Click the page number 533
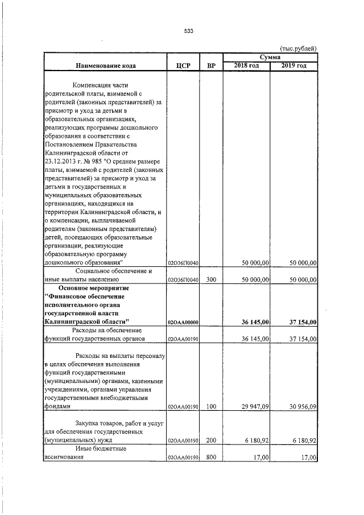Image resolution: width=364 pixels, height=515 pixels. pos(189,31)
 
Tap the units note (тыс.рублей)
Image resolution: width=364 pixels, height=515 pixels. pos(298,49)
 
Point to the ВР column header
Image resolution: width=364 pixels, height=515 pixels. pos(211,66)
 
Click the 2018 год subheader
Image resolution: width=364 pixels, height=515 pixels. pos(247,66)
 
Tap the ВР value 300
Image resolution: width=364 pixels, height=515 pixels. pos(211,280)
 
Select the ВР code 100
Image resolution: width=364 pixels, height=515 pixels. pos(211,407)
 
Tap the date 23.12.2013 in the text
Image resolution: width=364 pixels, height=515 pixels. pos(65,162)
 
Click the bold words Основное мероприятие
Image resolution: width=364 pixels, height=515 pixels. pos(99,289)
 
